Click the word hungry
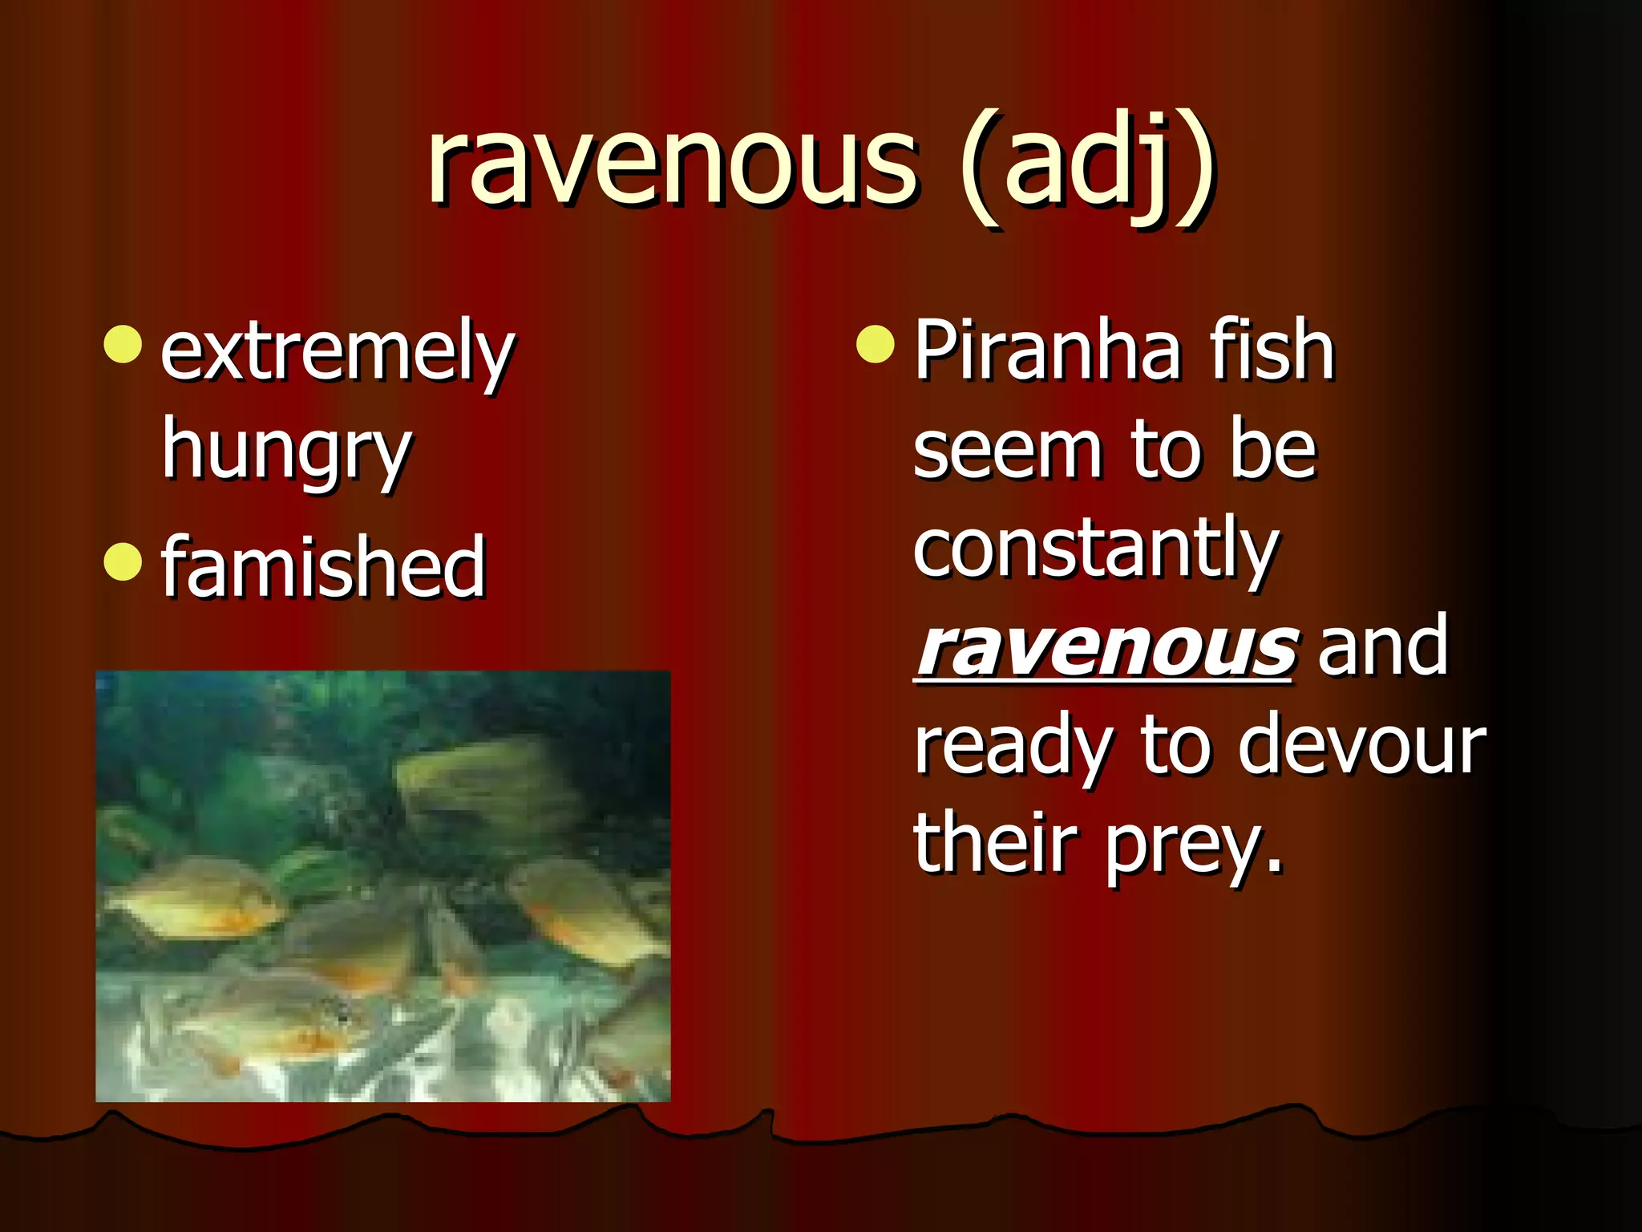point(286,451)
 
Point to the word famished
point(323,565)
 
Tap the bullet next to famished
point(123,561)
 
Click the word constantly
point(1096,549)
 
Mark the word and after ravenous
point(1383,646)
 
